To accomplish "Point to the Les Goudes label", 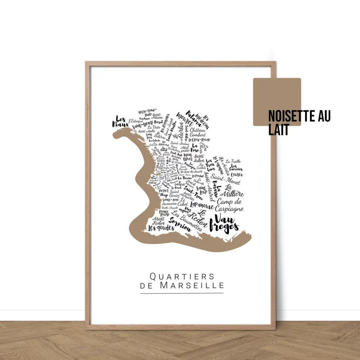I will click(161, 228).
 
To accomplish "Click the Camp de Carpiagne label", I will click(230, 205).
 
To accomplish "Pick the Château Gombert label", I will click(198, 133).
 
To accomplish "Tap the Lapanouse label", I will click(202, 206).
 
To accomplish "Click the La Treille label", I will click(233, 161).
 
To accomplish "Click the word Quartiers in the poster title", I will click(182, 276).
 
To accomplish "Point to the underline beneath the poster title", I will click(182, 293).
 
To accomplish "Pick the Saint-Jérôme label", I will click(180, 143).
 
